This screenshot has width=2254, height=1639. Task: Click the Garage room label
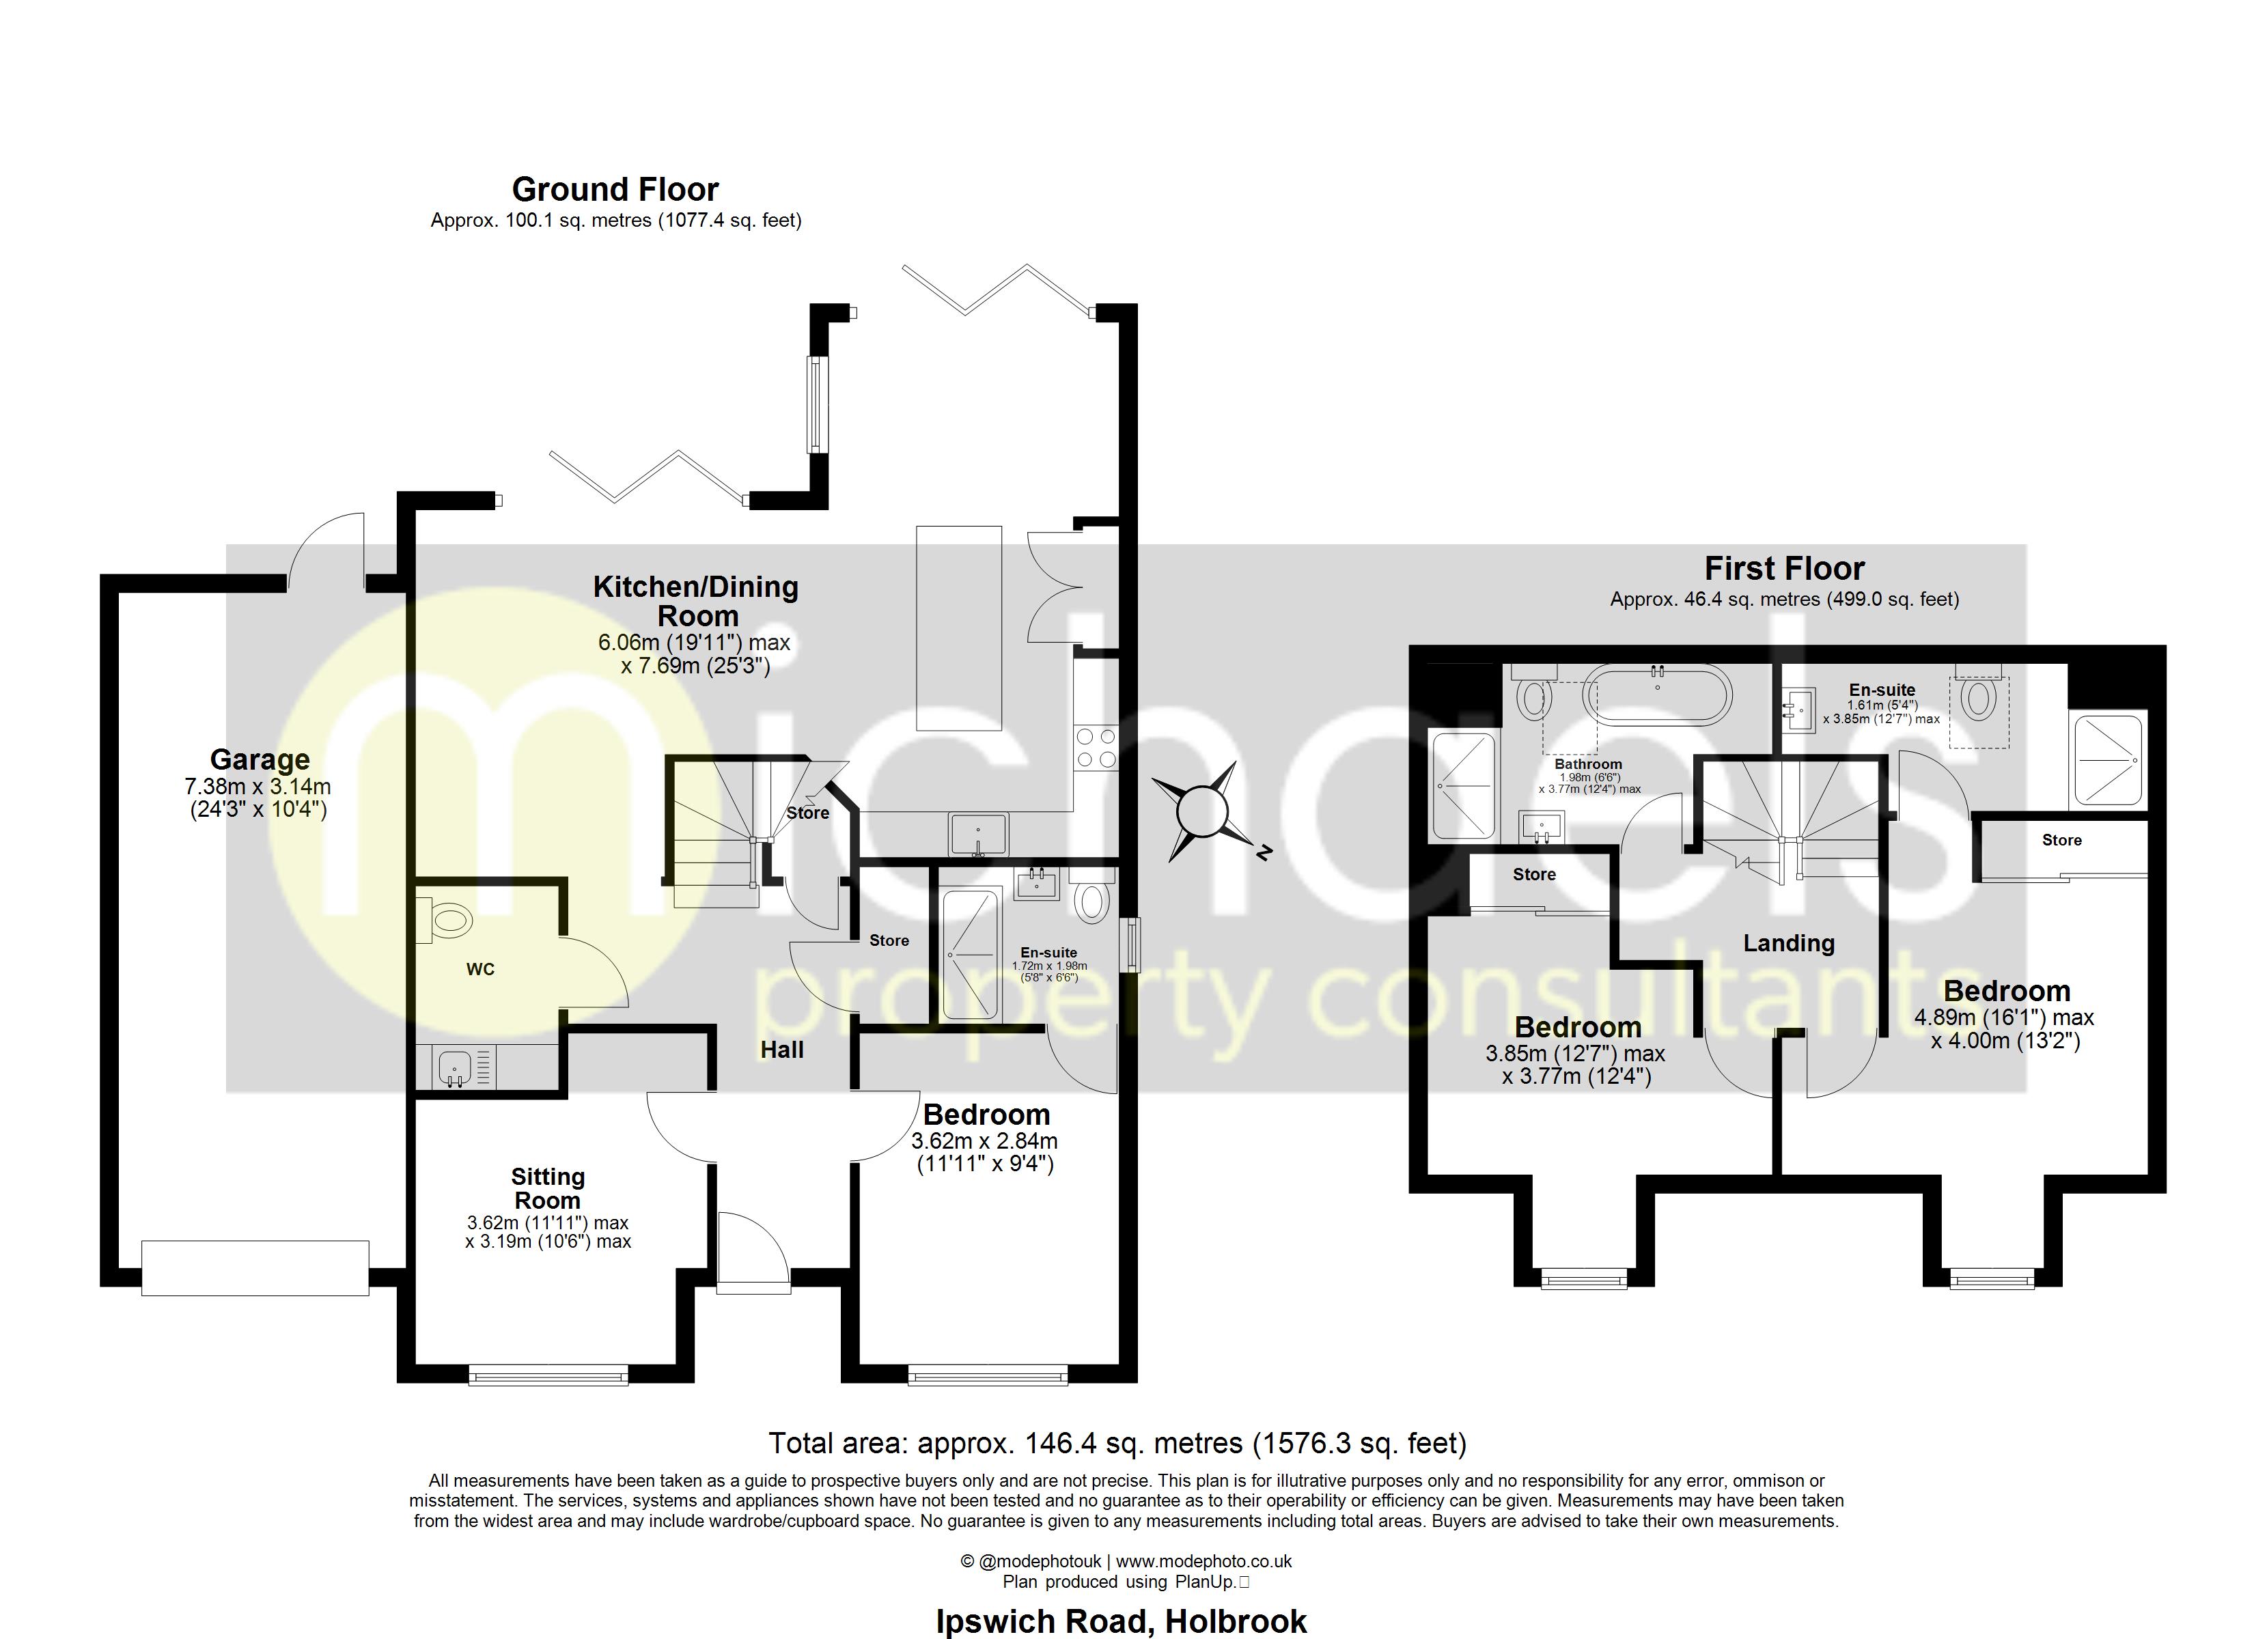pyautogui.click(x=260, y=759)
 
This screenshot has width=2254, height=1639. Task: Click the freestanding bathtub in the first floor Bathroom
pyautogui.click(x=1657, y=696)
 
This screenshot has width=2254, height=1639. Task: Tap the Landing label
pyautogui.click(x=1788, y=942)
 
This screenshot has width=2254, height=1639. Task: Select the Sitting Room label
pyautogui.click(x=548, y=1188)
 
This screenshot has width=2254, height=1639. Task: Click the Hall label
pyautogui.click(x=782, y=1050)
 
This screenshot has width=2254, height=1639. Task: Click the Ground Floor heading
pyautogui.click(x=615, y=189)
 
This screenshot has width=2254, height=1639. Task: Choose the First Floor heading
pyautogui.click(x=1784, y=569)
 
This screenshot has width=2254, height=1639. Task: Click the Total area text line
pyautogui.click(x=1117, y=1442)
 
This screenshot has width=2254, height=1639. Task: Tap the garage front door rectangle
pyautogui.click(x=255, y=1267)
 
